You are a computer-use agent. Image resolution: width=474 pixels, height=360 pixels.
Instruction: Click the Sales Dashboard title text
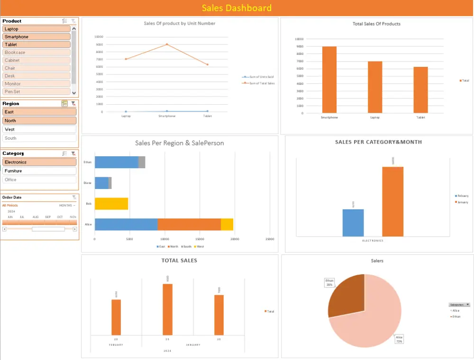point(237,8)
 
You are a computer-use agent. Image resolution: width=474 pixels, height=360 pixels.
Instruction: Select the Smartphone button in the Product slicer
point(36,37)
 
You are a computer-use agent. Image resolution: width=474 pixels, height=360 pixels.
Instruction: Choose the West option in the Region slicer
point(39,129)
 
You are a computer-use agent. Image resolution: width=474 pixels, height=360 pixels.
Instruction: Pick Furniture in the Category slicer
point(39,171)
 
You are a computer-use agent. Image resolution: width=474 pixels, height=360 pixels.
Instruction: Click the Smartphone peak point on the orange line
point(167,45)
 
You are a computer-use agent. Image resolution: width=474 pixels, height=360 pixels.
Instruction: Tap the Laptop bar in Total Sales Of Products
point(375,87)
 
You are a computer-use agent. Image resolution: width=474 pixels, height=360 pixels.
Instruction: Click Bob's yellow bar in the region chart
point(111,204)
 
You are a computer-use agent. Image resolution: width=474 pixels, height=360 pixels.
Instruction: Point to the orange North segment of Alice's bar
point(189,225)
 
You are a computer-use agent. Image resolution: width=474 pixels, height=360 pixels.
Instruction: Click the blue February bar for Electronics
point(353,223)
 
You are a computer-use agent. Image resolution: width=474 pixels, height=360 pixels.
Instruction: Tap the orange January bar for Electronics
point(392,201)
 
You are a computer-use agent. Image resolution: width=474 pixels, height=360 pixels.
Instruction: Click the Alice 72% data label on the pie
point(399,339)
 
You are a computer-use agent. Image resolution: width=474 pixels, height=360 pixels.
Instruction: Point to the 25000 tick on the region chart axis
point(270,239)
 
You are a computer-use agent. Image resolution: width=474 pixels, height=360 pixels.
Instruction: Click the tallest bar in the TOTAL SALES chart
point(167,310)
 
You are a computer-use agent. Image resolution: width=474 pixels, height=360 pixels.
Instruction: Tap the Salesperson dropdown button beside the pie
point(468,305)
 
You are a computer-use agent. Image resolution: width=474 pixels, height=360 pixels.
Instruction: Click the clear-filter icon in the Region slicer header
point(73,103)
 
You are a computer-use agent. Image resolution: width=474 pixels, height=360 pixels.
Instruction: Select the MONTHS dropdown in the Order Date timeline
point(67,206)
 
